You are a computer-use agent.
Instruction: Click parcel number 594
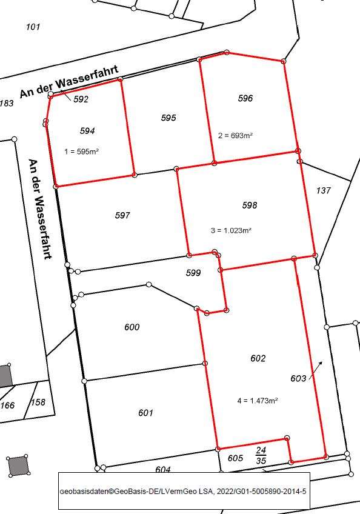click(87, 130)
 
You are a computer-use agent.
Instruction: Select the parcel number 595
click(168, 118)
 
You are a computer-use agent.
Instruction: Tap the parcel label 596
click(245, 98)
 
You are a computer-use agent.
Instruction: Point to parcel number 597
click(122, 215)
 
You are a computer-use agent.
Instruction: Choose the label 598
click(250, 205)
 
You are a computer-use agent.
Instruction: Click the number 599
click(193, 273)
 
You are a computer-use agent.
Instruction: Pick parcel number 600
click(132, 327)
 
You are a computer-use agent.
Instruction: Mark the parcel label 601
click(145, 413)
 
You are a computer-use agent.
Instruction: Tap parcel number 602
click(258, 359)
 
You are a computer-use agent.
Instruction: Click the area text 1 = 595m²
click(81, 152)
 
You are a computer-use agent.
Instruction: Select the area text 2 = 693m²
click(235, 136)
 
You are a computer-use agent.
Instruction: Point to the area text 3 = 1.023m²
click(231, 230)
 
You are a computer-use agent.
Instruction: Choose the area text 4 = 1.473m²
click(258, 401)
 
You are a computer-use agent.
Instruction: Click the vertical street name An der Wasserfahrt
click(40, 209)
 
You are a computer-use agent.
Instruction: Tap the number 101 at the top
click(33, 27)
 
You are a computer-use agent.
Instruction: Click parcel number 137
click(324, 190)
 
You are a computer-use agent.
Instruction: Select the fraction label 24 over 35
click(261, 455)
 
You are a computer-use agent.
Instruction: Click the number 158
click(38, 402)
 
